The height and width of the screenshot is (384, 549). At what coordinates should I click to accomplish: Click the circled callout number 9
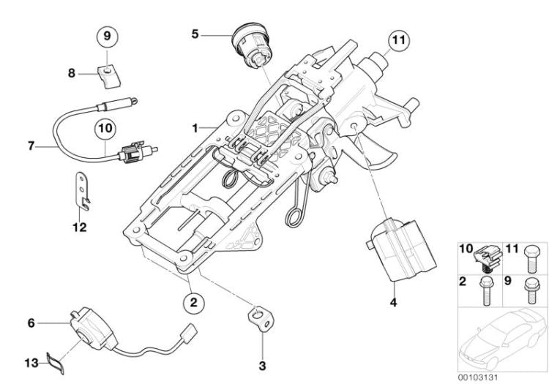pyautogui.click(x=106, y=35)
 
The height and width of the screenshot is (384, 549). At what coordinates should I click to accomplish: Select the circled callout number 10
pyautogui.click(x=105, y=128)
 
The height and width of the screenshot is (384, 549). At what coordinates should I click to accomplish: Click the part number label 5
pyautogui.click(x=195, y=33)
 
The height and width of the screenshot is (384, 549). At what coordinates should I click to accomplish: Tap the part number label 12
pyautogui.click(x=80, y=227)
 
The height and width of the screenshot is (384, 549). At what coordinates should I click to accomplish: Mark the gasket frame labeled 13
pyautogui.click(x=53, y=360)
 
